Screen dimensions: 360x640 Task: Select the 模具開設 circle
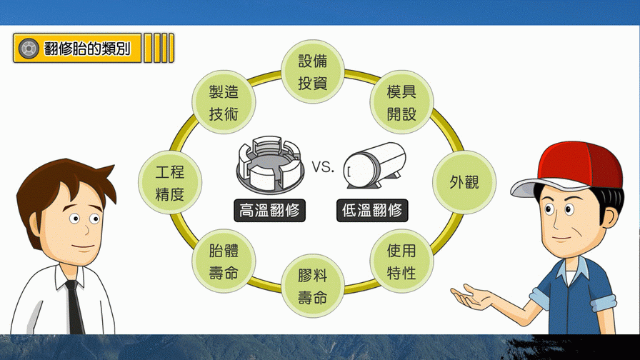401,103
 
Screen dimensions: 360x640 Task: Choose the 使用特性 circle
401,261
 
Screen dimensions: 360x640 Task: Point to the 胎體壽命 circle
223,261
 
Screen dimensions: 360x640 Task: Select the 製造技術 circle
223,102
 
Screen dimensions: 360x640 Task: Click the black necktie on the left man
74,309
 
